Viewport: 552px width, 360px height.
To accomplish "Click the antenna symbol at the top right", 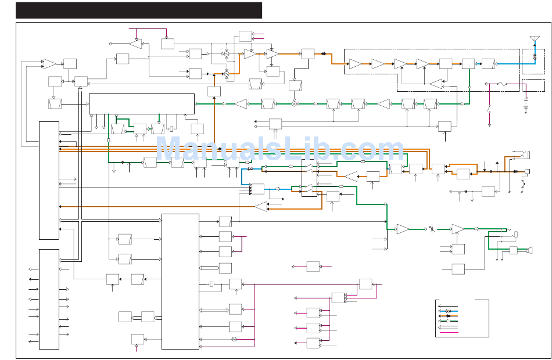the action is [x=535, y=39].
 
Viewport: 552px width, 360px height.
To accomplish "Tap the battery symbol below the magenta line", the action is [x=526, y=106].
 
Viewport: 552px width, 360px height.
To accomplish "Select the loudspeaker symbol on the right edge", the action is [x=529, y=250].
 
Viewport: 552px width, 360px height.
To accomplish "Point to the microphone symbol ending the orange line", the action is [x=527, y=171].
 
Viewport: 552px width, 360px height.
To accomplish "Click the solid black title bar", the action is [x=139, y=10].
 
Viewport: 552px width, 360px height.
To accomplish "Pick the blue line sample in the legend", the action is [x=448, y=311].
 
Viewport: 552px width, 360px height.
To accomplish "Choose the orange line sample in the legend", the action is [x=448, y=316].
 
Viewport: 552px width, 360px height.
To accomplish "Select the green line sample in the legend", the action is [x=448, y=321].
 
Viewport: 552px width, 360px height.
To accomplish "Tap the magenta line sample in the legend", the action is [x=448, y=332].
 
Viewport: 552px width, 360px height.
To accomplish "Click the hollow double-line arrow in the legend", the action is [x=448, y=327].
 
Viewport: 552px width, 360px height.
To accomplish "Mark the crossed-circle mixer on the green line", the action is [x=295, y=104].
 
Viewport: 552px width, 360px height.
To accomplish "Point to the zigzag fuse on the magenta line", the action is [x=502, y=84].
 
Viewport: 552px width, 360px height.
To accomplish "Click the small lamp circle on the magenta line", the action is [x=234, y=340].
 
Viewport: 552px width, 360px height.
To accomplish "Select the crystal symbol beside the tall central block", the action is [x=212, y=284].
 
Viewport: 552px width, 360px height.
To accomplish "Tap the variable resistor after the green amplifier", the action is [x=432, y=229].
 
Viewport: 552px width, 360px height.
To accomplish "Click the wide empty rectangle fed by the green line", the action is [x=142, y=104].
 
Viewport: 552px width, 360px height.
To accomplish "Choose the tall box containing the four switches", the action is [x=310, y=178].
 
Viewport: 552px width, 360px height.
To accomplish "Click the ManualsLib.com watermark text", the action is [x=279, y=149].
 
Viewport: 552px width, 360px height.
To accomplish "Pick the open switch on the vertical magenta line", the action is [x=489, y=109].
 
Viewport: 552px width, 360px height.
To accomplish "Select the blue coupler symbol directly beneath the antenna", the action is [x=535, y=56].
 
